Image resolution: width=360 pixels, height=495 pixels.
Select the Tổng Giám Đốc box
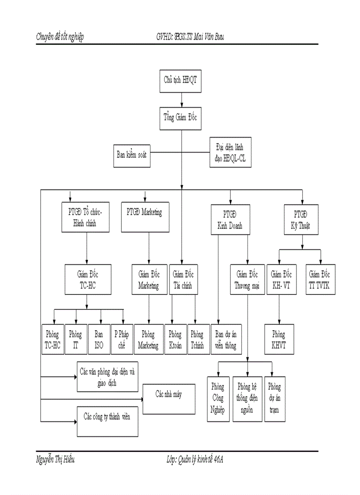pyautogui.click(x=181, y=118)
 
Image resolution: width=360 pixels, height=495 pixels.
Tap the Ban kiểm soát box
pyautogui.click(x=131, y=156)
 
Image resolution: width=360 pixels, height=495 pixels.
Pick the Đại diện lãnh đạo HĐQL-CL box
pyautogui.click(x=230, y=152)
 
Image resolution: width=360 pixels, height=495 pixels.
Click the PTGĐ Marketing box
pyautogui.click(x=145, y=218)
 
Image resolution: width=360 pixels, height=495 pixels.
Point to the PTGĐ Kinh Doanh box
pyautogui.click(x=230, y=219)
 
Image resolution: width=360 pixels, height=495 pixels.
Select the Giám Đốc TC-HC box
pyautogui.click(x=87, y=279)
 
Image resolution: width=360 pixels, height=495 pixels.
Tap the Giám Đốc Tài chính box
pyautogui.click(x=184, y=279)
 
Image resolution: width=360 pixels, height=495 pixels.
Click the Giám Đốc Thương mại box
pyautogui.click(x=247, y=279)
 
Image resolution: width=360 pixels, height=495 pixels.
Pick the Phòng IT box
pyautogui.click(x=76, y=339)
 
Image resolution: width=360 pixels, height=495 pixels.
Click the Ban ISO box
pyautogui.click(x=99, y=339)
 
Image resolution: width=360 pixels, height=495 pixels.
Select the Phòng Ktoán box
pyautogui.click(x=175, y=339)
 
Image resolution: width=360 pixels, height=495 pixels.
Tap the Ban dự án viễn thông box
pyautogui.click(x=225, y=339)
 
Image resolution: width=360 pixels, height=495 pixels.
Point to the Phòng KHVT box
pyautogui.click(x=279, y=339)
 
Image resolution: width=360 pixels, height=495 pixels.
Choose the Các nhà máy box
pyautogui.click(x=169, y=398)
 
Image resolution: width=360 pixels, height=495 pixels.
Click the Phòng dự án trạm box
pyautogui.click(x=274, y=398)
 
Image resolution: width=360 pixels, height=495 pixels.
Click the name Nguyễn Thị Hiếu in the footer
pyautogui.click(x=56, y=460)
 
